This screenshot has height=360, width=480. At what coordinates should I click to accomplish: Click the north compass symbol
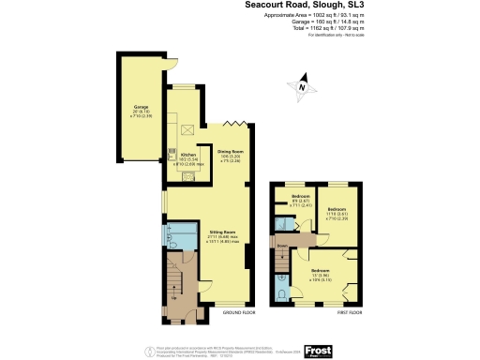302,87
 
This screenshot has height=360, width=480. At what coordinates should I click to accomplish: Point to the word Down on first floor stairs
281,246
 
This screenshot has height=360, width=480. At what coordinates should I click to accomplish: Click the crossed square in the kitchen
187,131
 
